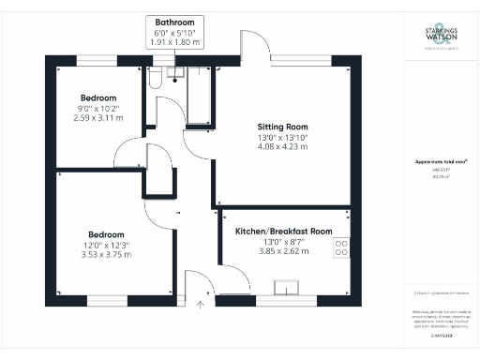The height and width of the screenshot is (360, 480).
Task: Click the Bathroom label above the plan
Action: tap(176, 22)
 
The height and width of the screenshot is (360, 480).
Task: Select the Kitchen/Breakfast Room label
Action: tap(283, 231)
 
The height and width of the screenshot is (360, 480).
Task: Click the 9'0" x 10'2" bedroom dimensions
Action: tap(97, 110)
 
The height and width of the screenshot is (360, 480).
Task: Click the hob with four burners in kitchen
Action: tap(341, 247)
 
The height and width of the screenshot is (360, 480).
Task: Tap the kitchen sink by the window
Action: tap(284, 287)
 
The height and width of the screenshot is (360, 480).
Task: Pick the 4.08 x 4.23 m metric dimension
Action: tap(282, 147)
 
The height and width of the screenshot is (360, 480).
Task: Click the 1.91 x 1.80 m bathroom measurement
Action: tap(176, 43)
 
